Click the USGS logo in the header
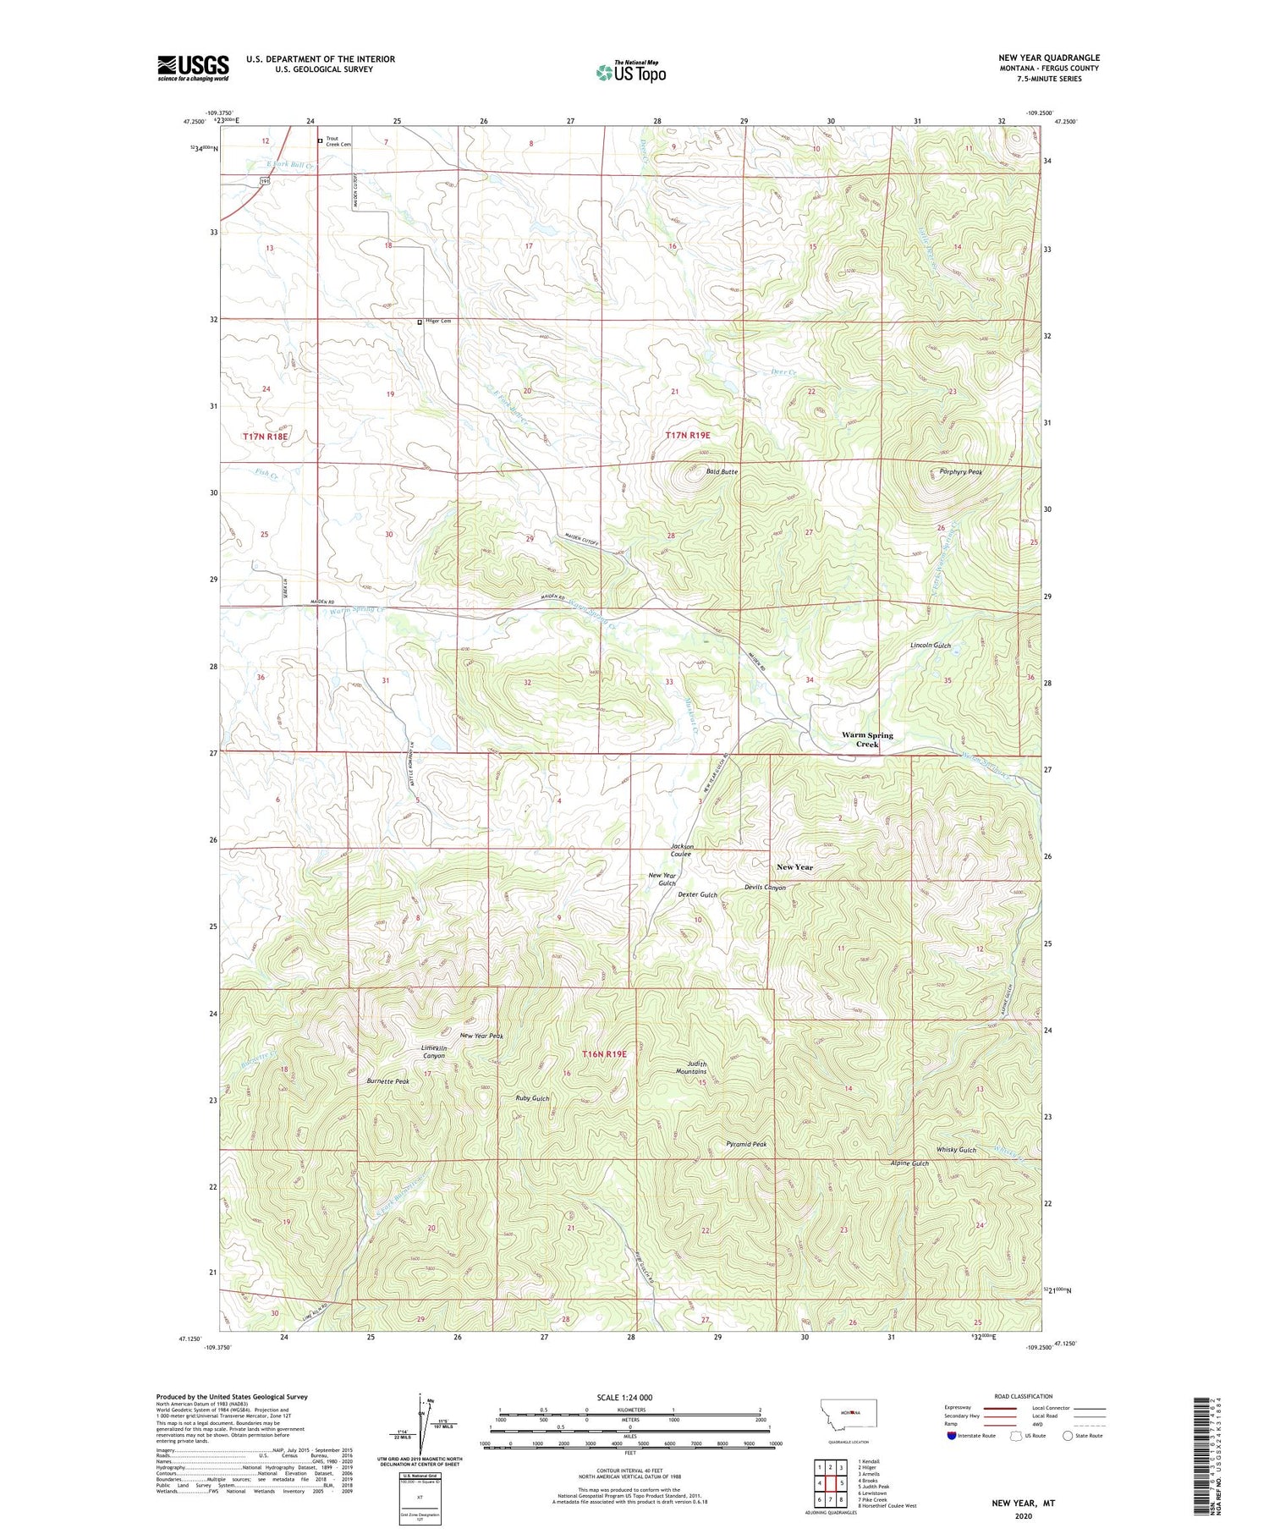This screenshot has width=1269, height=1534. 193,68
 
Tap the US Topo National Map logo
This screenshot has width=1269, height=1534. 630,72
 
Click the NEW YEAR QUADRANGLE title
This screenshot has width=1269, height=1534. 1048,58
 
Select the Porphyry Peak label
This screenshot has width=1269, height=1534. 960,471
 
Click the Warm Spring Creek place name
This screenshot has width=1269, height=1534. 867,740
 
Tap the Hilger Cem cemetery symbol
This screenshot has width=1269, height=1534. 420,322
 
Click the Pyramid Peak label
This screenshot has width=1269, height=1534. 746,1144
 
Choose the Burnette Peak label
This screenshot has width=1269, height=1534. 387,1081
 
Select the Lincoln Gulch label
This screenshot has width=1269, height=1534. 930,646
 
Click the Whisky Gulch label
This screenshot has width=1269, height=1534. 956,1150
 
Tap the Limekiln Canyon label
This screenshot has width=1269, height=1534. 434,1052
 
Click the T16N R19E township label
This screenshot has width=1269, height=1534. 604,1053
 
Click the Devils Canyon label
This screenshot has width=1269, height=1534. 765,888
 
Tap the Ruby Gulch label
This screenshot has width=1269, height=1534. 532,1098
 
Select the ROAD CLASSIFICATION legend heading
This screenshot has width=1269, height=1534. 1024,1396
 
